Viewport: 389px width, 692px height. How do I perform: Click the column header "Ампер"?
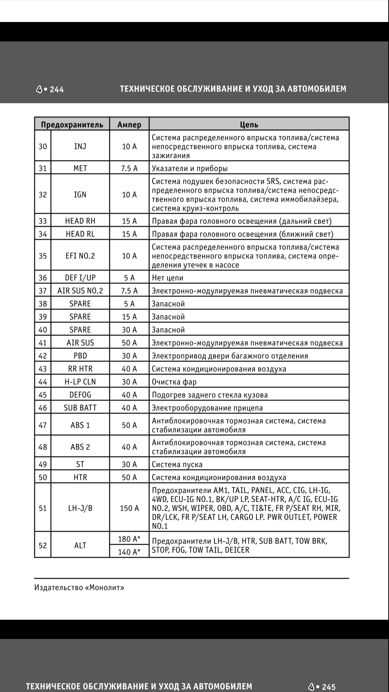tap(129, 124)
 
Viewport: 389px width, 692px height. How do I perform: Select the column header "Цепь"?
tap(249, 124)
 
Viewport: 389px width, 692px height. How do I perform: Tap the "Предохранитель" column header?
tap(72, 124)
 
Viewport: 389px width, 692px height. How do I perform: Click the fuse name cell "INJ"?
tap(80, 146)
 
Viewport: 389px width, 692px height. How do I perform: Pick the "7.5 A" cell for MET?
tap(129, 168)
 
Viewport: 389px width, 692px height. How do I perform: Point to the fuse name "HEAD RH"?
tap(80, 221)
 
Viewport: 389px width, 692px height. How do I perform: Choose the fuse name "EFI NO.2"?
tap(80, 256)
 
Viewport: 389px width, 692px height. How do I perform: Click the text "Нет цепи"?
tap(167, 278)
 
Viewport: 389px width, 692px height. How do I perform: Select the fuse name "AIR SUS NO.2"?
tap(80, 291)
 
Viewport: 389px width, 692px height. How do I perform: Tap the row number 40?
tap(43, 330)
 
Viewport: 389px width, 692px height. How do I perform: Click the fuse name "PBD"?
tap(80, 356)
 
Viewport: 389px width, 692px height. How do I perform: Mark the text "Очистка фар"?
tap(174, 382)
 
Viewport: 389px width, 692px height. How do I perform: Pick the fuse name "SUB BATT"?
tap(80, 408)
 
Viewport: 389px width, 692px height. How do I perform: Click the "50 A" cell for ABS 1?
tap(129, 425)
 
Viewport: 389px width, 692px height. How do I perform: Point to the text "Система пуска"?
tap(177, 464)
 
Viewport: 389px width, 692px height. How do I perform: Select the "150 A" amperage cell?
tap(129, 508)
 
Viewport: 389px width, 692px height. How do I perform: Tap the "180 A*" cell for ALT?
tap(129, 539)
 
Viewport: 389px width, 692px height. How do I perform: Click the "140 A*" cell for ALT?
tap(129, 552)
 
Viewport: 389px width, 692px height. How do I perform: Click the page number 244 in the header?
tap(57, 89)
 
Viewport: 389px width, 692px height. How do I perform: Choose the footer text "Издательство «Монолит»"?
tap(79, 587)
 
